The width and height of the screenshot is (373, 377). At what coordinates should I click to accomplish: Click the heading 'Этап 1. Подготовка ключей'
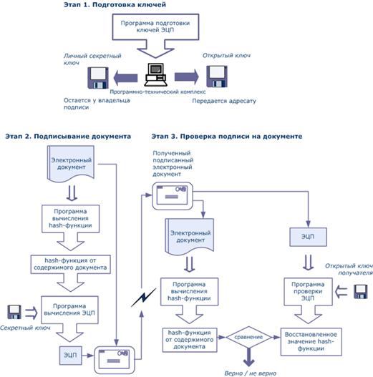(x=115, y=4)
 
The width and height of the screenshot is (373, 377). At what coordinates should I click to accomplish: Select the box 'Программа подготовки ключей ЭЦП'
(x=155, y=26)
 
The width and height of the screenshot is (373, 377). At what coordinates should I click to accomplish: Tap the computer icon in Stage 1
(x=155, y=74)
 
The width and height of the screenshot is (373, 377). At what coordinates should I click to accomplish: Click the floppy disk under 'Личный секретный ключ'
(x=98, y=78)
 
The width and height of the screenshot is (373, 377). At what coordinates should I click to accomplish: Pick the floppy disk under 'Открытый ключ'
(x=217, y=77)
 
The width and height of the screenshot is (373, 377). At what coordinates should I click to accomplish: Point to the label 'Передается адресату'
(x=224, y=101)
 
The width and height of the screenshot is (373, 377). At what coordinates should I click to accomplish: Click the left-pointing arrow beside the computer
(x=125, y=78)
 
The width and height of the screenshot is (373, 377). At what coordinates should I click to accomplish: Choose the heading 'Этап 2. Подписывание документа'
(x=68, y=137)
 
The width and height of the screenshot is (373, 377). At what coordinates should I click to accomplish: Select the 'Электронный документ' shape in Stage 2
(x=70, y=164)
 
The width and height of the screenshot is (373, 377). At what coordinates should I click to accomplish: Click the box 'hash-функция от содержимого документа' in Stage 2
(x=70, y=264)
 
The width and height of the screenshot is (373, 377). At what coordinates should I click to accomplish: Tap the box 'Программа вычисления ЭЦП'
(x=69, y=310)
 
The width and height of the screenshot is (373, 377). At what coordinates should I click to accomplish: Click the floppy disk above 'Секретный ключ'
(x=14, y=312)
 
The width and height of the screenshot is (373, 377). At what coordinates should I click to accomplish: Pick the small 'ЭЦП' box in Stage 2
(x=70, y=356)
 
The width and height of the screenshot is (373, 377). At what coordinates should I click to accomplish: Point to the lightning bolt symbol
(x=144, y=298)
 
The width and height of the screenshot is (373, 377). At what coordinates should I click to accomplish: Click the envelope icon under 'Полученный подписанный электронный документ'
(x=173, y=196)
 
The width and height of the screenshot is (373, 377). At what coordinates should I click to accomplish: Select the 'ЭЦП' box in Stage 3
(x=308, y=237)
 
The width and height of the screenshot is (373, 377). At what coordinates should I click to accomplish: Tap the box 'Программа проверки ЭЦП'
(x=308, y=291)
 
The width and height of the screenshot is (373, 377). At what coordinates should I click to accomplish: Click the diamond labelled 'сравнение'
(x=248, y=337)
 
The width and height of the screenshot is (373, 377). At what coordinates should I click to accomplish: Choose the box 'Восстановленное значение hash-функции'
(x=311, y=342)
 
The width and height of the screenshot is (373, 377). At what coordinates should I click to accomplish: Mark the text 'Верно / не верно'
(x=251, y=373)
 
